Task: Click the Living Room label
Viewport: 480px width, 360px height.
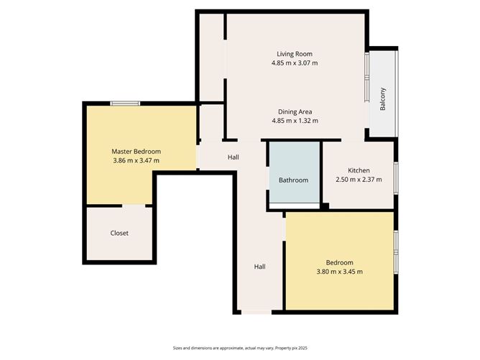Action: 295,54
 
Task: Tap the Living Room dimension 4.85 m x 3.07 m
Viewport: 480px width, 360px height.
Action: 295,63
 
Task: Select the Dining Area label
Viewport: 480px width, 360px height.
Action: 295,111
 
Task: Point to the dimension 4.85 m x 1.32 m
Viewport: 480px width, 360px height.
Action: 295,121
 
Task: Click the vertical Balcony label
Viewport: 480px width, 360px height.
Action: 383,99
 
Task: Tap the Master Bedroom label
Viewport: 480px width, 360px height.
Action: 136,151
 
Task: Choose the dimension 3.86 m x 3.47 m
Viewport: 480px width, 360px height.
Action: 136,160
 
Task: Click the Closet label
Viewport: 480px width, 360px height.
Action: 119,233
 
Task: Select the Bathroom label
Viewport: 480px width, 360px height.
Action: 293,180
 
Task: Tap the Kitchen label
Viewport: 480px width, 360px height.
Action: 359,170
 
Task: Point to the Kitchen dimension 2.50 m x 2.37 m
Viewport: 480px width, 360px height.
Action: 359,180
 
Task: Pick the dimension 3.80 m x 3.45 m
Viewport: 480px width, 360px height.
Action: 339,272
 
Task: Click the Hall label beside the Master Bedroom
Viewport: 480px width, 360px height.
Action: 234,157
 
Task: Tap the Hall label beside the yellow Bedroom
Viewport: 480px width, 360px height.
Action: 259,267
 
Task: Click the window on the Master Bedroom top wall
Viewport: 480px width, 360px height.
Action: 125,103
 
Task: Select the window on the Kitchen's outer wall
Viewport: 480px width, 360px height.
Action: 396,178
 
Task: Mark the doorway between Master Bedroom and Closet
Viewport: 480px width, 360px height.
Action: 134,206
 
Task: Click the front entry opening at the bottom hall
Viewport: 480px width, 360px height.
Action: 257,313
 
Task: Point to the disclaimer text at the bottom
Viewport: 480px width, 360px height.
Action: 240,348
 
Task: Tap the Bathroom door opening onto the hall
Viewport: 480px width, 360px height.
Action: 267,178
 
